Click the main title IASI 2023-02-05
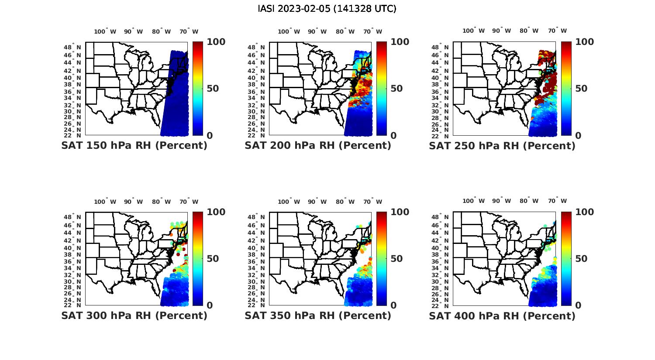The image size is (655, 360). pos(327,9)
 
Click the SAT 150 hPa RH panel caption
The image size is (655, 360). pos(134,146)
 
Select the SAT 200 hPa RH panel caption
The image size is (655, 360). pos(318,146)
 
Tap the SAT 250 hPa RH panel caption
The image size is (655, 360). pos(502,146)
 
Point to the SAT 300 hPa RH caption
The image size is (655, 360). pos(134,315)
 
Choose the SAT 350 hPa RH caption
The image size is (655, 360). pos(318,315)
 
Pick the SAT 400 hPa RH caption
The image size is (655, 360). pos(502,315)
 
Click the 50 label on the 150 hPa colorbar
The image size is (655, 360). pos(212,89)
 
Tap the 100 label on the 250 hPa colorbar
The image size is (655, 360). pos(585,42)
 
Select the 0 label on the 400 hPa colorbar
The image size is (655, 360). pos(579,305)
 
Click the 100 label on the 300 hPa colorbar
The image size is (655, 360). pos(216,212)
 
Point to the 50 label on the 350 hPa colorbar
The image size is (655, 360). pos(396,259)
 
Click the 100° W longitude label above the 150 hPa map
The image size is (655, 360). pos(105,31)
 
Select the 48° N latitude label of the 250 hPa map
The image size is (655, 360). pos(445,47)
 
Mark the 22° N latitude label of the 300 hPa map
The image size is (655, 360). pos(77,305)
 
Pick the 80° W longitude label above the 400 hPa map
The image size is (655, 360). pos(529,201)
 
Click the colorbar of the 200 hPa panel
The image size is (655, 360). pos(381,89)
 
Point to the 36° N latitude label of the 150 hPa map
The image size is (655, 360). pos(77,92)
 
